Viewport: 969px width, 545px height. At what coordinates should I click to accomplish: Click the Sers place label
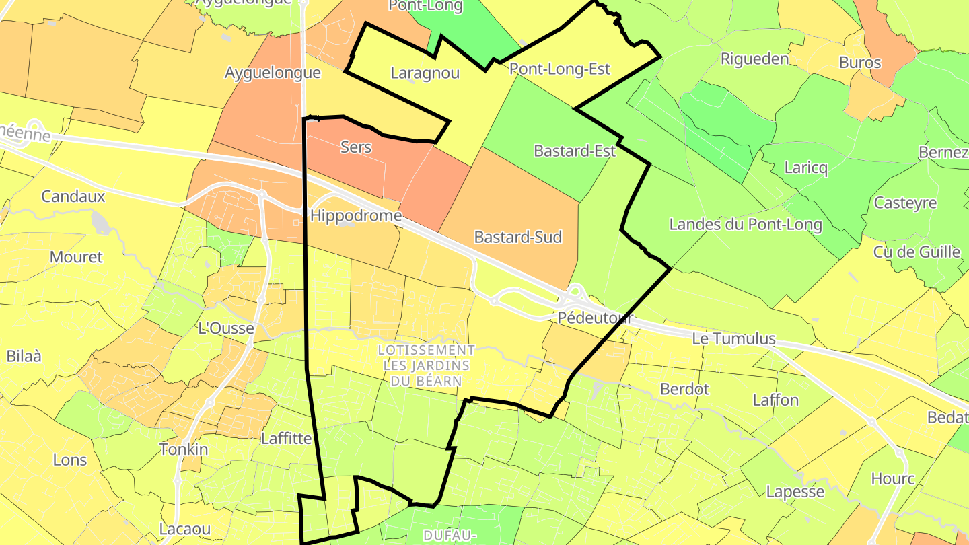(x=356, y=147)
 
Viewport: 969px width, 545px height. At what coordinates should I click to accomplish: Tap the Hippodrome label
(x=356, y=216)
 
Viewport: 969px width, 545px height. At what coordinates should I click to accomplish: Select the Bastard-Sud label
(x=517, y=237)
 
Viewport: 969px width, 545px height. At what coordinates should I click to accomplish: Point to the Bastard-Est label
(x=574, y=151)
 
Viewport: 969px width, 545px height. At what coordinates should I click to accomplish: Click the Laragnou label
(x=425, y=73)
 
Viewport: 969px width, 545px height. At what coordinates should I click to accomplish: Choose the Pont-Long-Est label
(x=559, y=69)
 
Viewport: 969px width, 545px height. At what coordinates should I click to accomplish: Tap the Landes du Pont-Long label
(x=746, y=225)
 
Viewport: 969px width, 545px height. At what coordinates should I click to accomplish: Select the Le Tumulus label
(x=734, y=339)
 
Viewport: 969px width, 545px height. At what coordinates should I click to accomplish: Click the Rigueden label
(x=754, y=59)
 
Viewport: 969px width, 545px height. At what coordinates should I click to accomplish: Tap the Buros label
(x=860, y=63)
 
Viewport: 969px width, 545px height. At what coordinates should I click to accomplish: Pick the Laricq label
(x=806, y=167)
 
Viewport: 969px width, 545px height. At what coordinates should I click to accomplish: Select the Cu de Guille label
(x=917, y=252)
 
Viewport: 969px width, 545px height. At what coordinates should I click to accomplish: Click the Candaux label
(x=73, y=196)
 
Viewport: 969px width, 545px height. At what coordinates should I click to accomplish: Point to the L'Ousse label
(x=226, y=329)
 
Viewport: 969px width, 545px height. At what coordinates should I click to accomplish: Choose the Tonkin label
(x=184, y=449)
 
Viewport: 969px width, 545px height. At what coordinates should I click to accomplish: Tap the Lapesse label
(x=795, y=492)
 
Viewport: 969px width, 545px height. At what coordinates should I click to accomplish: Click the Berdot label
(x=685, y=389)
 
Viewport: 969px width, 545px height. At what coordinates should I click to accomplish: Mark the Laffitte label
(x=286, y=439)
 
